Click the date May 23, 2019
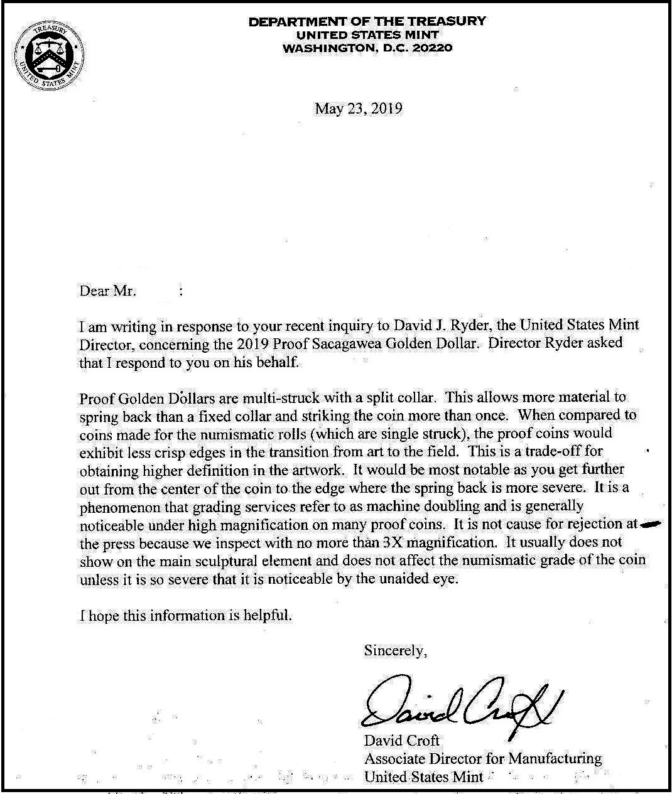click(x=358, y=109)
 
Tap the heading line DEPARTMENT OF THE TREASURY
click(x=367, y=21)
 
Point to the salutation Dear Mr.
click(x=107, y=291)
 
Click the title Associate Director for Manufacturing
click(x=482, y=759)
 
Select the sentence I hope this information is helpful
click(x=186, y=615)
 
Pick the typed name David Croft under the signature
click(x=402, y=741)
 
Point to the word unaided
click(x=404, y=579)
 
